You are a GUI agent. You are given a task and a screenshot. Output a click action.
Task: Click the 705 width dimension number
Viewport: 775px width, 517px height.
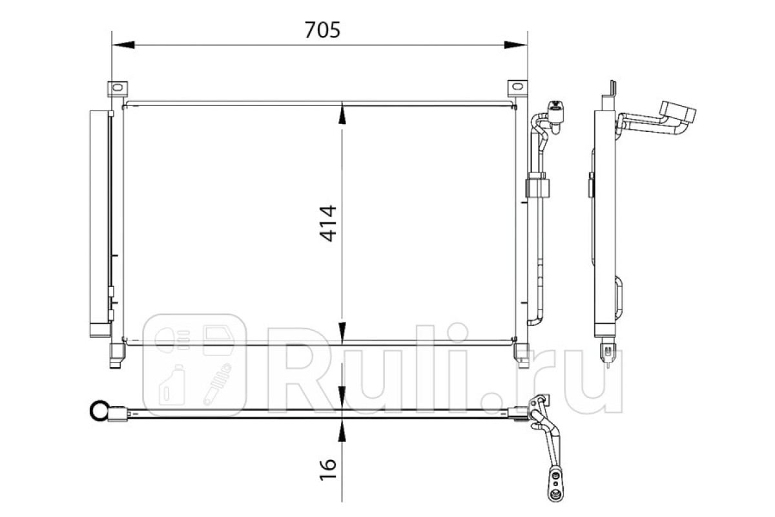click(x=322, y=30)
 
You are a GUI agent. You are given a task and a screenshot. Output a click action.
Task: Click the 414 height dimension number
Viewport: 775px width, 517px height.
click(x=327, y=224)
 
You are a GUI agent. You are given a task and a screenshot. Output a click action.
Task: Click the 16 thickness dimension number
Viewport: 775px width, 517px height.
click(x=327, y=469)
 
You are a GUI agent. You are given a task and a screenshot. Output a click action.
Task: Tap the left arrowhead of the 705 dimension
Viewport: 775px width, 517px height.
click(x=123, y=45)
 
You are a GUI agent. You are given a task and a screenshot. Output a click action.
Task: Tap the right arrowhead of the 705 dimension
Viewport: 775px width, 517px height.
click(x=515, y=45)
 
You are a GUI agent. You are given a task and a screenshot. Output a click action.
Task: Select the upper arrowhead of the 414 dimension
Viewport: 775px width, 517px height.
click(x=342, y=113)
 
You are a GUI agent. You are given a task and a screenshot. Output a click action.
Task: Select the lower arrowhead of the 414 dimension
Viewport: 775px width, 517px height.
click(x=342, y=332)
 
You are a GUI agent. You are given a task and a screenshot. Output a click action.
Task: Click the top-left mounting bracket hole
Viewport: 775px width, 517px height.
click(x=118, y=87)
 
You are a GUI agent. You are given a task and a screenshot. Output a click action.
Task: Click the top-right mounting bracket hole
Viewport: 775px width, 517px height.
click(x=517, y=87)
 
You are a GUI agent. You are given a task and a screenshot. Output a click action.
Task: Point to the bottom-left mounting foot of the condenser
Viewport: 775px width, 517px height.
click(x=116, y=355)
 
